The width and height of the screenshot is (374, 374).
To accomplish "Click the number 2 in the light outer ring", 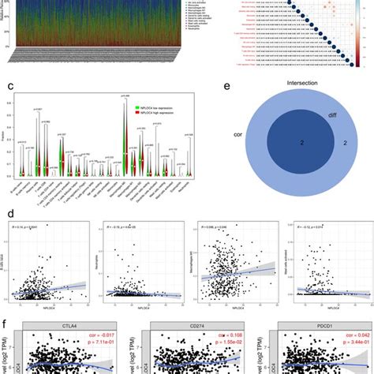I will click(x=346, y=166).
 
